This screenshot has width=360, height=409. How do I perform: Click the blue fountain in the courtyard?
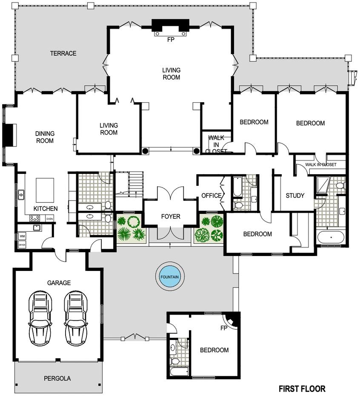(170, 277)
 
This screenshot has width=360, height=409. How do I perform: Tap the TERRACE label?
(63, 54)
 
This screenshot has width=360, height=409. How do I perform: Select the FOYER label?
(171, 216)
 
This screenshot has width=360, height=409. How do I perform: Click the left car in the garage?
(40, 318)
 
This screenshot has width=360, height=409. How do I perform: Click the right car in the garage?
(76, 318)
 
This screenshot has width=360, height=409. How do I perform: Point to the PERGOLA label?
(57, 378)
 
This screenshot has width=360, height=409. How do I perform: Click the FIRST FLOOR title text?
(302, 389)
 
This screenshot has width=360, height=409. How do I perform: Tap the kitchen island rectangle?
(45, 190)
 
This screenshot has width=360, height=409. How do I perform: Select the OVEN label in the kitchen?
(49, 219)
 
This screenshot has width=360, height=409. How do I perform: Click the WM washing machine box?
(22, 236)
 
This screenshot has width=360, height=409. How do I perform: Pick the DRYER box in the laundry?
(22, 245)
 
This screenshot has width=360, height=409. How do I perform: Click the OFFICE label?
(211, 196)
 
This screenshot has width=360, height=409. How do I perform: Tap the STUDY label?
(295, 196)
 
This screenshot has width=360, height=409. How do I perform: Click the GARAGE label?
(59, 283)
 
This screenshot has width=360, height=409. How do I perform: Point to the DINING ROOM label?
(45, 137)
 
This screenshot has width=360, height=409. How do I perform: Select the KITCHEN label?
(46, 209)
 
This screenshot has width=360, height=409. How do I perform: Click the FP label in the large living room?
(171, 40)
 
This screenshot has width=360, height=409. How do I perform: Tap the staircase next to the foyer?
(136, 184)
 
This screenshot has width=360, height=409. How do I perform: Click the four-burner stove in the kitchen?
(34, 218)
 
